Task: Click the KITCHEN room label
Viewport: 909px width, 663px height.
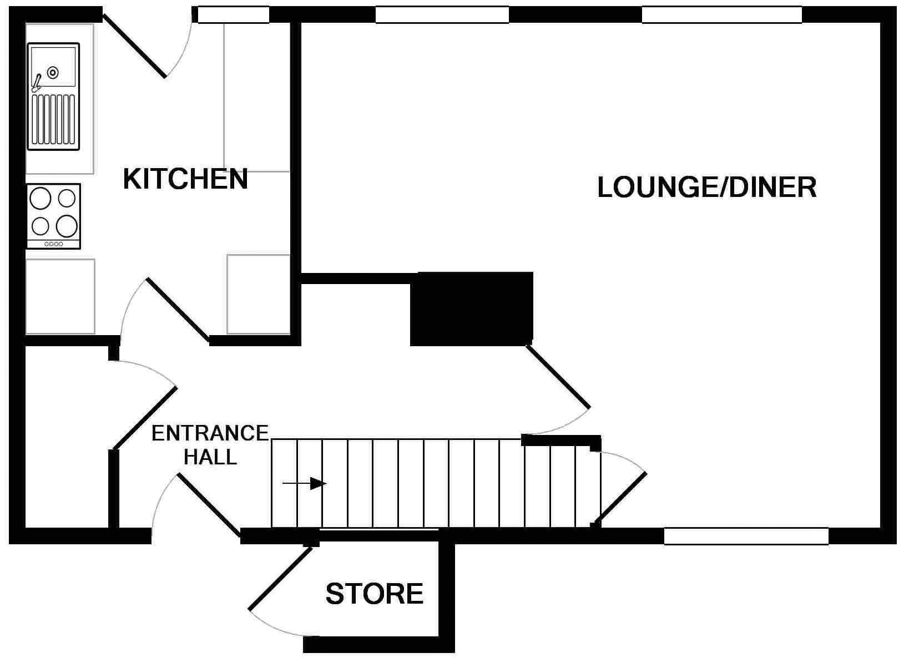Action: pyautogui.click(x=185, y=179)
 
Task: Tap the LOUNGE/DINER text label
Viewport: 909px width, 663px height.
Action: pyautogui.click(x=706, y=188)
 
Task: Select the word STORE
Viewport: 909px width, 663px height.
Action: pyautogui.click(x=374, y=594)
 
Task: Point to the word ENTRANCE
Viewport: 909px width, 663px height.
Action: pyautogui.click(x=210, y=433)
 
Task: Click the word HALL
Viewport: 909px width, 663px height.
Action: pyautogui.click(x=210, y=457)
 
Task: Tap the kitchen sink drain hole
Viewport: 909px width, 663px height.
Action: pyautogui.click(x=53, y=72)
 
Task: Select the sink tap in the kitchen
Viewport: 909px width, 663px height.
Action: pyautogui.click(x=37, y=83)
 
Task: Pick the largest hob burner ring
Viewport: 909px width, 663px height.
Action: pyautogui.click(x=67, y=226)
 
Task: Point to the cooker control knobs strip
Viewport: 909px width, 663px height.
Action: pyautogui.click(x=54, y=244)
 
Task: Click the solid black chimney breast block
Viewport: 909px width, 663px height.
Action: pyautogui.click(x=471, y=308)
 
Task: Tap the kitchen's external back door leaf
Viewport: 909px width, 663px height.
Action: pyautogui.click(x=134, y=45)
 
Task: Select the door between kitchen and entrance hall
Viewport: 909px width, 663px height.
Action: pyautogui.click(x=178, y=310)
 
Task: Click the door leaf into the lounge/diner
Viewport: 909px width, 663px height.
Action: pyautogui.click(x=557, y=376)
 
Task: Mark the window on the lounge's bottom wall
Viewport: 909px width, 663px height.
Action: pyautogui.click(x=746, y=536)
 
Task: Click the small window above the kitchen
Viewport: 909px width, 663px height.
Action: pyautogui.click(x=234, y=15)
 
